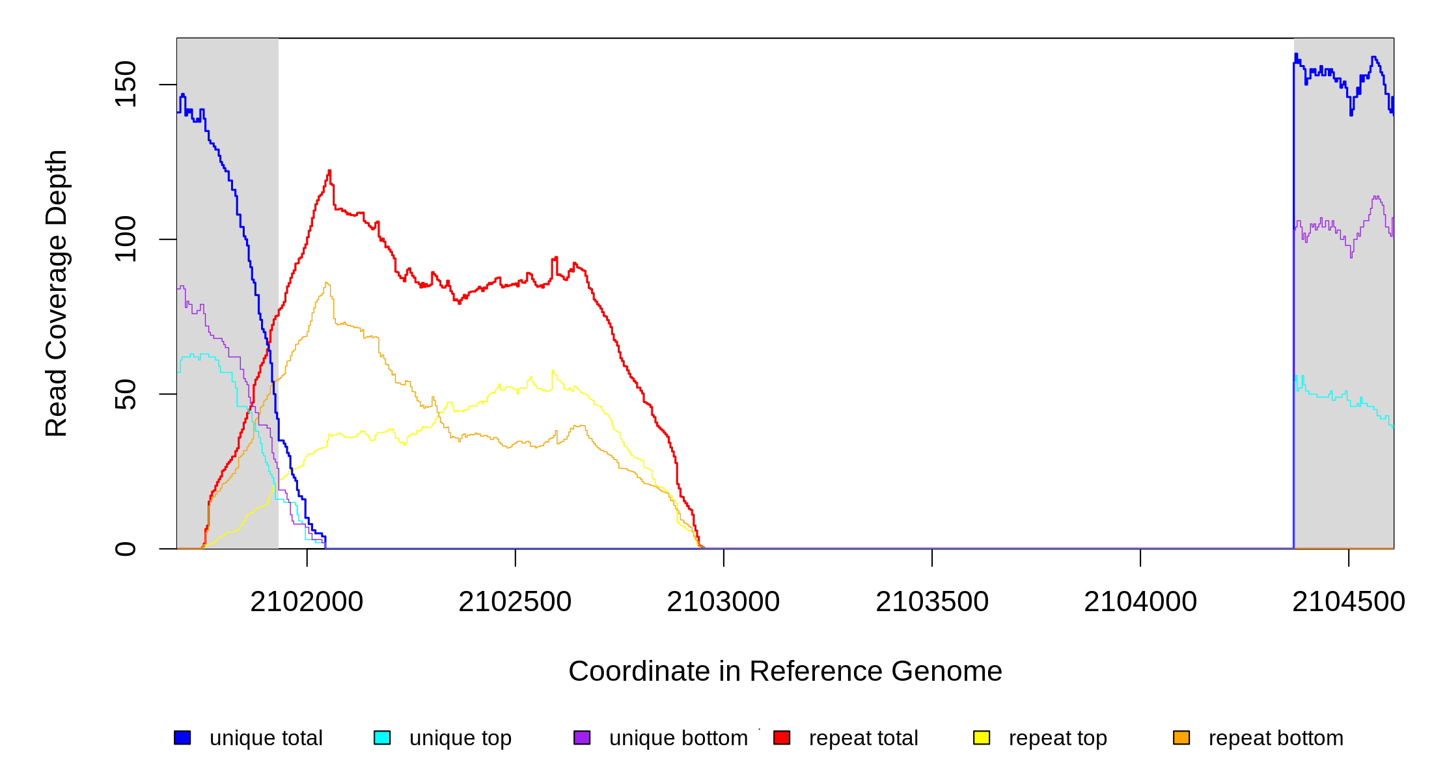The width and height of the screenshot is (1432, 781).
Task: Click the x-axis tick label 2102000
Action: pos(307,602)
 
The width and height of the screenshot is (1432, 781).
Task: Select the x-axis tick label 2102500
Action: pos(515,602)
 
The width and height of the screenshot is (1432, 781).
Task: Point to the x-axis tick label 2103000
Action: pos(723,602)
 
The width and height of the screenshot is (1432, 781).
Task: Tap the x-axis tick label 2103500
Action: pos(932,602)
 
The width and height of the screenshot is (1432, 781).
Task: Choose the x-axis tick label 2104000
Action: pos(1140,602)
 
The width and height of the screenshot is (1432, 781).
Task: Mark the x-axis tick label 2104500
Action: pos(1348,602)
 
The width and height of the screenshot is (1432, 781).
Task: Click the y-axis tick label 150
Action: pos(126,84)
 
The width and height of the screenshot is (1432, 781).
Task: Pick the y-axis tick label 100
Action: pos(126,239)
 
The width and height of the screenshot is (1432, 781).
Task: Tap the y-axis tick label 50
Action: pos(126,394)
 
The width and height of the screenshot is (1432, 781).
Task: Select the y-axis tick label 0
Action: pos(126,549)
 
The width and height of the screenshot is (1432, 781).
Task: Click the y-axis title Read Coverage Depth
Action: pos(57,293)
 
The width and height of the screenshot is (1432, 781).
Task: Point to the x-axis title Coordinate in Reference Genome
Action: pos(785,672)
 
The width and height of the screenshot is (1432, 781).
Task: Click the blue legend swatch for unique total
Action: pos(182,737)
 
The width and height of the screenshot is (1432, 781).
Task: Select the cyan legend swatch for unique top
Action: pos(382,737)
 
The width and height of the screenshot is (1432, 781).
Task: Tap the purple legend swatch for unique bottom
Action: pos(582,737)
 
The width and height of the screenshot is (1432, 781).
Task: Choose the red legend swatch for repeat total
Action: pos(782,737)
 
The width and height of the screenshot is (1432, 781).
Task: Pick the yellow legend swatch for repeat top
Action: pos(982,737)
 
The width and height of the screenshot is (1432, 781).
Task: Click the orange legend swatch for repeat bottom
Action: pos(1181,737)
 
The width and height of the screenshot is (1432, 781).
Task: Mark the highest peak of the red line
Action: pos(329,171)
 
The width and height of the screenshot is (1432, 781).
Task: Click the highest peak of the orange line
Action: pos(327,283)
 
